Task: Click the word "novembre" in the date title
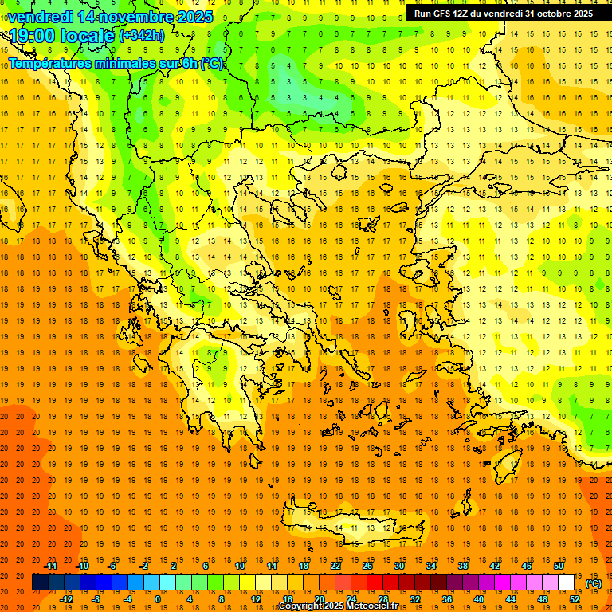click(127, 17)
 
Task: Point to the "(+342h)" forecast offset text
click(142, 36)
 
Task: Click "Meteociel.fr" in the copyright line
click(367, 606)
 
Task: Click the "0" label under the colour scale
click(157, 599)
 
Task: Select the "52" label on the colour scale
click(575, 599)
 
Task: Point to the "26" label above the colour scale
click(367, 566)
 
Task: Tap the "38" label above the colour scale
click(463, 566)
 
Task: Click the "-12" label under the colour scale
click(66, 599)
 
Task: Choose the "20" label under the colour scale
click(320, 599)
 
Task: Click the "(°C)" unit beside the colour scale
click(594, 583)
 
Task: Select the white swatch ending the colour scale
click(567, 583)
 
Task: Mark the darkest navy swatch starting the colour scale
click(40, 583)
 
